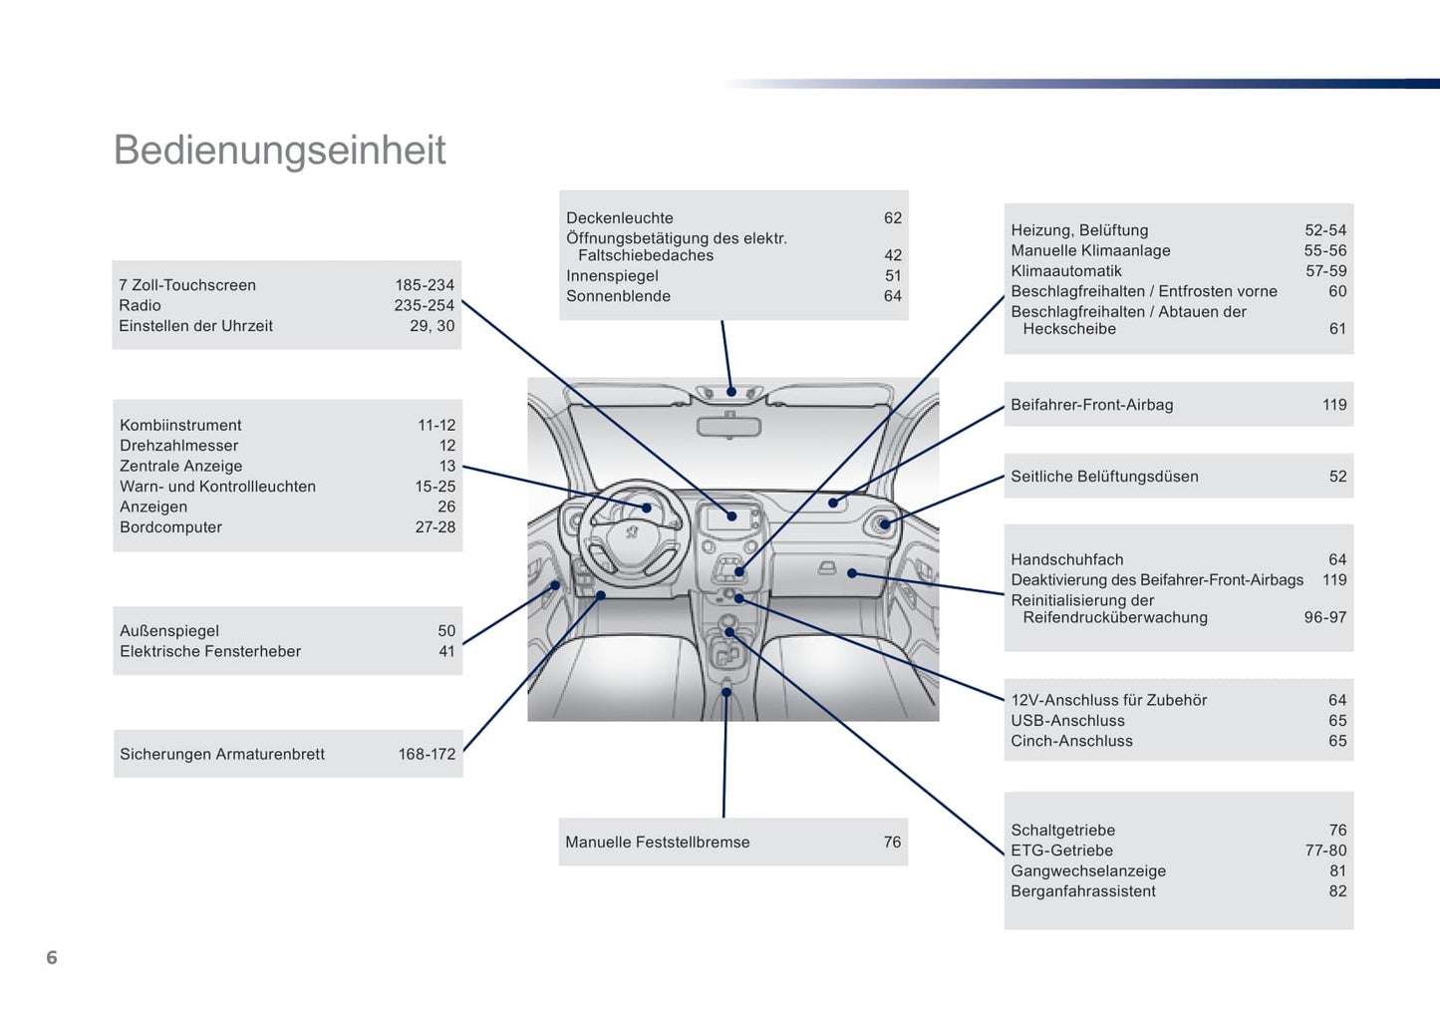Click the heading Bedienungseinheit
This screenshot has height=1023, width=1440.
[279, 151]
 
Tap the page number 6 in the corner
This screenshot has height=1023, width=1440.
[52, 957]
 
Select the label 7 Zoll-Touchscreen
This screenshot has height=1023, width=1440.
[187, 285]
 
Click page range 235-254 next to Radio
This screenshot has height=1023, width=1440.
[424, 305]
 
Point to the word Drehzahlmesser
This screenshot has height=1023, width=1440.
[178, 446]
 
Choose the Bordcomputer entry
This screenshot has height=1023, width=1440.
[170, 527]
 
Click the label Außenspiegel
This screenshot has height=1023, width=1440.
[169, 631]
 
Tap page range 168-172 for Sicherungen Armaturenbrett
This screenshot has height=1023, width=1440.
[427, 754]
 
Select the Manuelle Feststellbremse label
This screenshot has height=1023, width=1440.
[657, 843]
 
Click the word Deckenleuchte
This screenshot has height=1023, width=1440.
[620, 218]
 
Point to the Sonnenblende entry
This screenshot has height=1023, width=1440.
[618, 296]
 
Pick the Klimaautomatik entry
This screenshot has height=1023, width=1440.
[1066, 271]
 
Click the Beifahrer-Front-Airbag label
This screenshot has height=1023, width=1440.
[1091, 405]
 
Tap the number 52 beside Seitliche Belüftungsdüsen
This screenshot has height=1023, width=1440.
[1337, 477]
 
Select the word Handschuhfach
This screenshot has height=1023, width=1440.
[1066, 560]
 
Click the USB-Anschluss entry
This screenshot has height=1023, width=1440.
[1067, 721]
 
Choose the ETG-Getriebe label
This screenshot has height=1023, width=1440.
[1061, 851]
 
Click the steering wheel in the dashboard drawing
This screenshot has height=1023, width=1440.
[632, 532]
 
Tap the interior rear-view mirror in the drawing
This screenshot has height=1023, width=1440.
[728, 427]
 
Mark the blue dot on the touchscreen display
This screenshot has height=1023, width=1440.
[731, 516]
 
